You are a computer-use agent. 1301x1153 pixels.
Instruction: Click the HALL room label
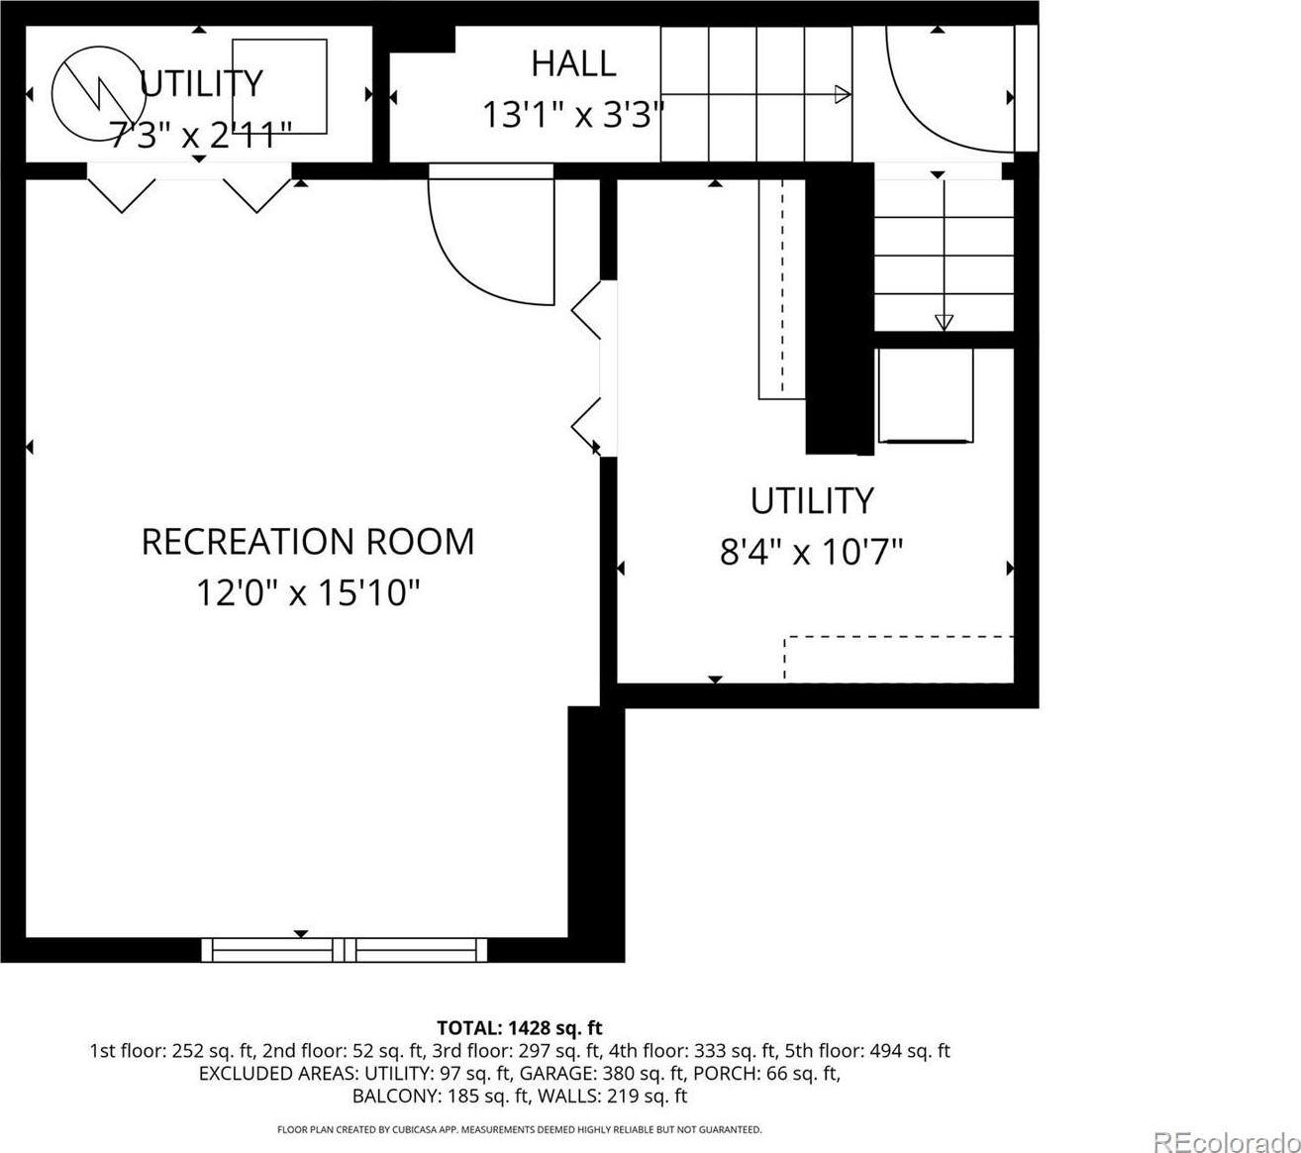tap(573, 63)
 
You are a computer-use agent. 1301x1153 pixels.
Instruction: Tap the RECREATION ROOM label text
tap(308, 542)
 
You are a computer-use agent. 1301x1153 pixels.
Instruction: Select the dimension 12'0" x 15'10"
tap(308, 592)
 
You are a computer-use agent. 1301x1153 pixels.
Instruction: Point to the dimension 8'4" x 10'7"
tap(812, 551)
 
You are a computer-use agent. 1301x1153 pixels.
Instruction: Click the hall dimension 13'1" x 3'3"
tap(573, 115)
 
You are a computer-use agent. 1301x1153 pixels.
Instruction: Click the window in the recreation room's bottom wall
tap(344, 950)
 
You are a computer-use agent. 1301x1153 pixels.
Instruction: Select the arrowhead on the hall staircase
tap(843, 94)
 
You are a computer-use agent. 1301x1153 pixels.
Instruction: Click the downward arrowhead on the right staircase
tap(944, 323)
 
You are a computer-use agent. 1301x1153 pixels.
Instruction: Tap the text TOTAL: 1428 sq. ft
tap(520, 1028)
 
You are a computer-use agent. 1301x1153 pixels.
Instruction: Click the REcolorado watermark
tap(1227, 1125)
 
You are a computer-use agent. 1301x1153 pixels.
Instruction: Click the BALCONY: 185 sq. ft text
tap(442, 1096)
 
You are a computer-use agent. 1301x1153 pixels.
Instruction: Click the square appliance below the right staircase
tap(926, 395)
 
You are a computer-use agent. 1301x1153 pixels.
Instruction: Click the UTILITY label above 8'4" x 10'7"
tap(812, 500)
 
